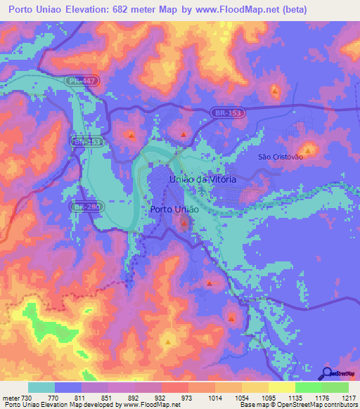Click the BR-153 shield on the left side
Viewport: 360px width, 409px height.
pyautogui.click(x=85, y=141)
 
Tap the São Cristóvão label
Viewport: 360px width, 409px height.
pyautogui.click(x=281, y=157)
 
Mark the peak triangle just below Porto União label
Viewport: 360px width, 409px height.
pyautogui.click(x=184, y=224)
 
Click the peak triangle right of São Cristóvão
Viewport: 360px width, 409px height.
pyautogui.click(x=307, y=149)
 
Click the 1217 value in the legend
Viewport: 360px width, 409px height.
pyautogui.click(x=338, y=397)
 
